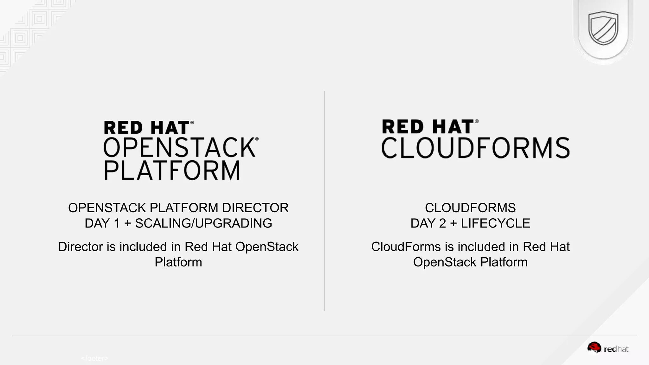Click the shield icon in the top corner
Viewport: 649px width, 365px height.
tap(603, 29)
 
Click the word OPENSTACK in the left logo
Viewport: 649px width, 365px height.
tap(179, 148)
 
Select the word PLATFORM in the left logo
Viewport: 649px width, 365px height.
tap(172, 171)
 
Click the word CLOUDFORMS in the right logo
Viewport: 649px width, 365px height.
tap(475, 148)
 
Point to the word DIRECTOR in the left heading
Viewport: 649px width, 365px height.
tap(255, 208)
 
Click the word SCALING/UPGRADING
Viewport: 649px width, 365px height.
tap(203, 223)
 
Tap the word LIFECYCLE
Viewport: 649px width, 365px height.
tap(495, 223)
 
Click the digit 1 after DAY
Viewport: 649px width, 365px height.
tap(117, 223)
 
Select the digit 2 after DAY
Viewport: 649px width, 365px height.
tap(442, 223)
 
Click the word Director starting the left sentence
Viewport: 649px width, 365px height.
tap(80, 247)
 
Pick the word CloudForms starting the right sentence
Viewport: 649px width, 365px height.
tap(406, 247)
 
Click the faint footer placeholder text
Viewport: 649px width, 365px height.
tap(94, 358)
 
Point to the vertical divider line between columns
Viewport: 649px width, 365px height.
tap(324, 201)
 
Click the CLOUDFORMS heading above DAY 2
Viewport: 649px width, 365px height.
tap(470, 208)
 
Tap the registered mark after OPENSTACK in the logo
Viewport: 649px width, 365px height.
tap(257, 139)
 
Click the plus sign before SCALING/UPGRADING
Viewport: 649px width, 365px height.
tap(127, 224)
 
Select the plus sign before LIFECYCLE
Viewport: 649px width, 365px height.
tap(453, 224)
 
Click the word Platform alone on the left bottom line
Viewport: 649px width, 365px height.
tap(178, 262)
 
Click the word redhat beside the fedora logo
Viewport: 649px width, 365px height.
tap(616, 349)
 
